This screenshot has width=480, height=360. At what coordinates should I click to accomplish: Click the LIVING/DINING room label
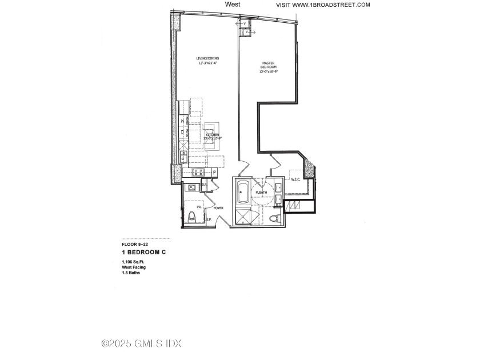pos(207,58)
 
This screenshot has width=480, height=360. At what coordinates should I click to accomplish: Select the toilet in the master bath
pos(273,219)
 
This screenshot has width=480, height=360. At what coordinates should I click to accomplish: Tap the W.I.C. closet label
pos(295,180)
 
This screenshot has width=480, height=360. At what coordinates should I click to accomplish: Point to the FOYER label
pos(218,209)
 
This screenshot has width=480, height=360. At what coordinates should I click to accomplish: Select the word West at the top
pos(233,4)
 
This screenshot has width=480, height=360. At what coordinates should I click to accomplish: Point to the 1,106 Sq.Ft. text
pos(133,262)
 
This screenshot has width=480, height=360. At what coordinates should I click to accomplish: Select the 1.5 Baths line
pos(131,273)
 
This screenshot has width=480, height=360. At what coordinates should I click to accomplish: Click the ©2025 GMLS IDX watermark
pos(141,343)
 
